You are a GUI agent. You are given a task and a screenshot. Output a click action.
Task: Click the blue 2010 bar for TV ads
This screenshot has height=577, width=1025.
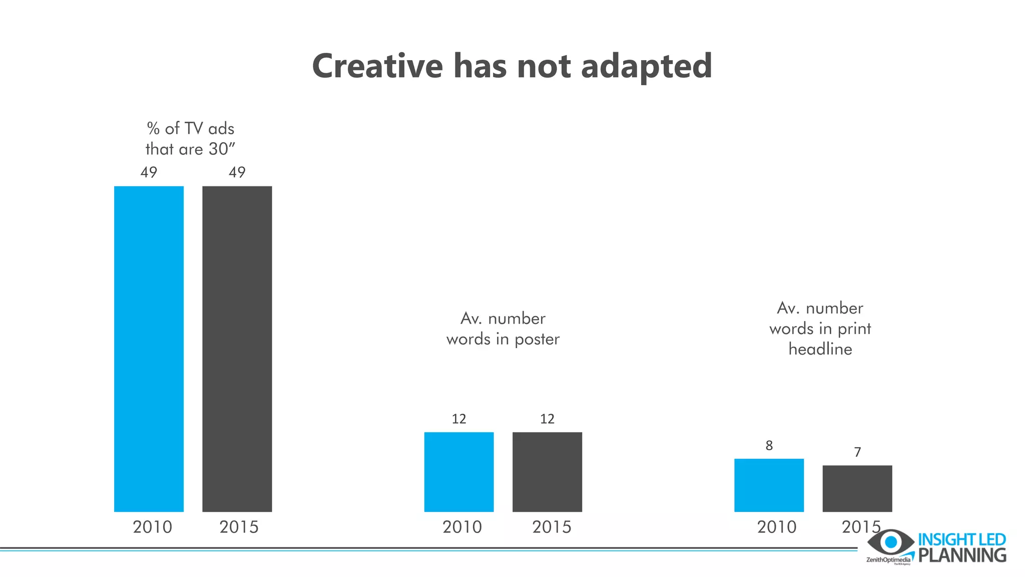(x=149, y=349)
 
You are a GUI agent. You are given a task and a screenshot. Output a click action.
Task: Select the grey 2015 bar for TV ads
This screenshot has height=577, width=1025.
(x=237, y=349)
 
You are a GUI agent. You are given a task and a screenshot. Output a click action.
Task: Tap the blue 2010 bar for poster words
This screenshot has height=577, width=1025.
(x=459, y=472)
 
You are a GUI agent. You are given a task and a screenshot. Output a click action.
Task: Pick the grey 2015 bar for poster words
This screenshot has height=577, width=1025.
(x=547, y=472)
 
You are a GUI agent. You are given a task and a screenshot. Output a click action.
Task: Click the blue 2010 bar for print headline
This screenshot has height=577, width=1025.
(x=769, y=485)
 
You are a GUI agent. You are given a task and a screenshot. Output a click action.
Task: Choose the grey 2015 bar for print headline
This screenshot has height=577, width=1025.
(x=857, y=488)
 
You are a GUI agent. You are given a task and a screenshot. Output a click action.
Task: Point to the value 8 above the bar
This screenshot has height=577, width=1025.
(x=769, y=445)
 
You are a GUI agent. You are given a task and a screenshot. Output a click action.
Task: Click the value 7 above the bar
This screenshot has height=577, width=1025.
(x=857, y=452)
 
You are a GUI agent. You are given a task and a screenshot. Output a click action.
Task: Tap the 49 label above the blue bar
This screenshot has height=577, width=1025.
(x=149, y=172)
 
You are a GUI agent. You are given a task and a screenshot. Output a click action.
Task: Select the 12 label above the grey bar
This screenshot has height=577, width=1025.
(x=547, y=419)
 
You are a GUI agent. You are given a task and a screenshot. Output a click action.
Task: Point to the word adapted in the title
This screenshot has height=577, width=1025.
(x=646, y=67)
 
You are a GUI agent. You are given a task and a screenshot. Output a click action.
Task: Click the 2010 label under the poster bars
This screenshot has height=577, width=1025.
(x=462, y=527)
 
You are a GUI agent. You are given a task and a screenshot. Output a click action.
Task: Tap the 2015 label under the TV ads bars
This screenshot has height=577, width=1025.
(x=239, y=527)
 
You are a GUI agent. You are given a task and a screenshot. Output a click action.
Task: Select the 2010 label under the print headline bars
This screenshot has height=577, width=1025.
(x=776, y=527)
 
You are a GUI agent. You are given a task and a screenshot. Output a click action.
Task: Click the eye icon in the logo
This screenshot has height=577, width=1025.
(x=890, y=542)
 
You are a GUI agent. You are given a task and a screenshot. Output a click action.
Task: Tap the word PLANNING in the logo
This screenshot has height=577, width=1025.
(x=962, y=555)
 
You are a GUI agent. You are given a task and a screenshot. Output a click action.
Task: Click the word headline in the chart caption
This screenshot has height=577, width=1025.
(x=820, y=349)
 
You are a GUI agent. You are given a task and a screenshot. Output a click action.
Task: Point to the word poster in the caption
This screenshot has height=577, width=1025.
(x=537, y=339)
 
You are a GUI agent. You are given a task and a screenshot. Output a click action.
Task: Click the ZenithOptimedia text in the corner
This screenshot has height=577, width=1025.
(x=888, y=560)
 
